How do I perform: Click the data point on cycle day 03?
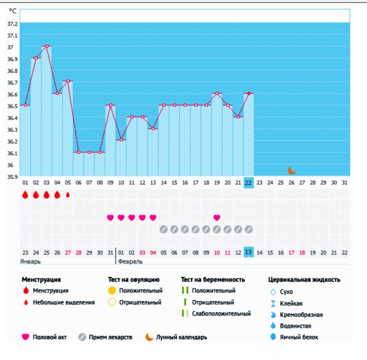click(x=47, y=46)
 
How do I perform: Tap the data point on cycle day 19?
click(x=217, y=93)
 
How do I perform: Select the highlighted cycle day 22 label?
click(x=248, y=183)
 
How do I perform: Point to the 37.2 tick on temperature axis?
click(x=12, y=24)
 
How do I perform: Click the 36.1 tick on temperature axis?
click(x=12, y=153)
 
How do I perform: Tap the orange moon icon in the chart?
click(x=292, y=170)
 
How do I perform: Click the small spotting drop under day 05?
click(x=68, y=195)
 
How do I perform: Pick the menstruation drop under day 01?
click(x=25, y=195)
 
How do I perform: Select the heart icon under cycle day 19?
click(x=217, y=217)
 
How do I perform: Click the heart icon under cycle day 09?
click(x=111, y=217)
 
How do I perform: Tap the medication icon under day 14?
click(x=163, y=229)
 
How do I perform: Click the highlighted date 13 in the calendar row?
click(x=248, y=252)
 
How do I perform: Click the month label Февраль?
click(x=131, y=261)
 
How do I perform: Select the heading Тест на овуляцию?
click(x=134, y=279)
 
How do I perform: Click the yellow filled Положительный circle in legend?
click(x=112, y=290)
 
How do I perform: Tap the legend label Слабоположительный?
click(x=221, y=314)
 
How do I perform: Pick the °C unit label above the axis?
click(x=13, y=10)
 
